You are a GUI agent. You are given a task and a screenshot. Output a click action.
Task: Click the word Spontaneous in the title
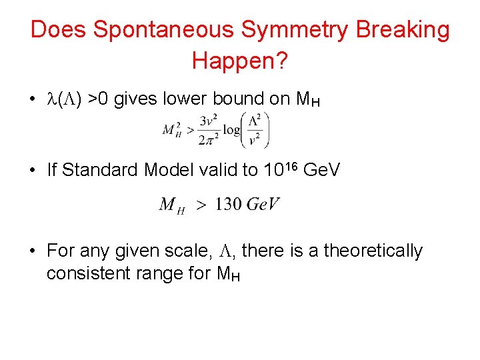(164, 31)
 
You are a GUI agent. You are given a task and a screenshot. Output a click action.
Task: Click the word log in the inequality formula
(232, 130)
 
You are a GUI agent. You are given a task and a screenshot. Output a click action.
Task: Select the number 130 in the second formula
(229, 204)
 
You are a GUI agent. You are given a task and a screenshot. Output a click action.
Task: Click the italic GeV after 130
(263, 204)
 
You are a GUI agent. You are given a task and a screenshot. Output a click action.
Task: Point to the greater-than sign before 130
(200, 205)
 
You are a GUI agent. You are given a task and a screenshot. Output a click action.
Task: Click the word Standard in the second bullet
(94, 170)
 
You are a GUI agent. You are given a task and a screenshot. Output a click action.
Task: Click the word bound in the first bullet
(238, 99)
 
